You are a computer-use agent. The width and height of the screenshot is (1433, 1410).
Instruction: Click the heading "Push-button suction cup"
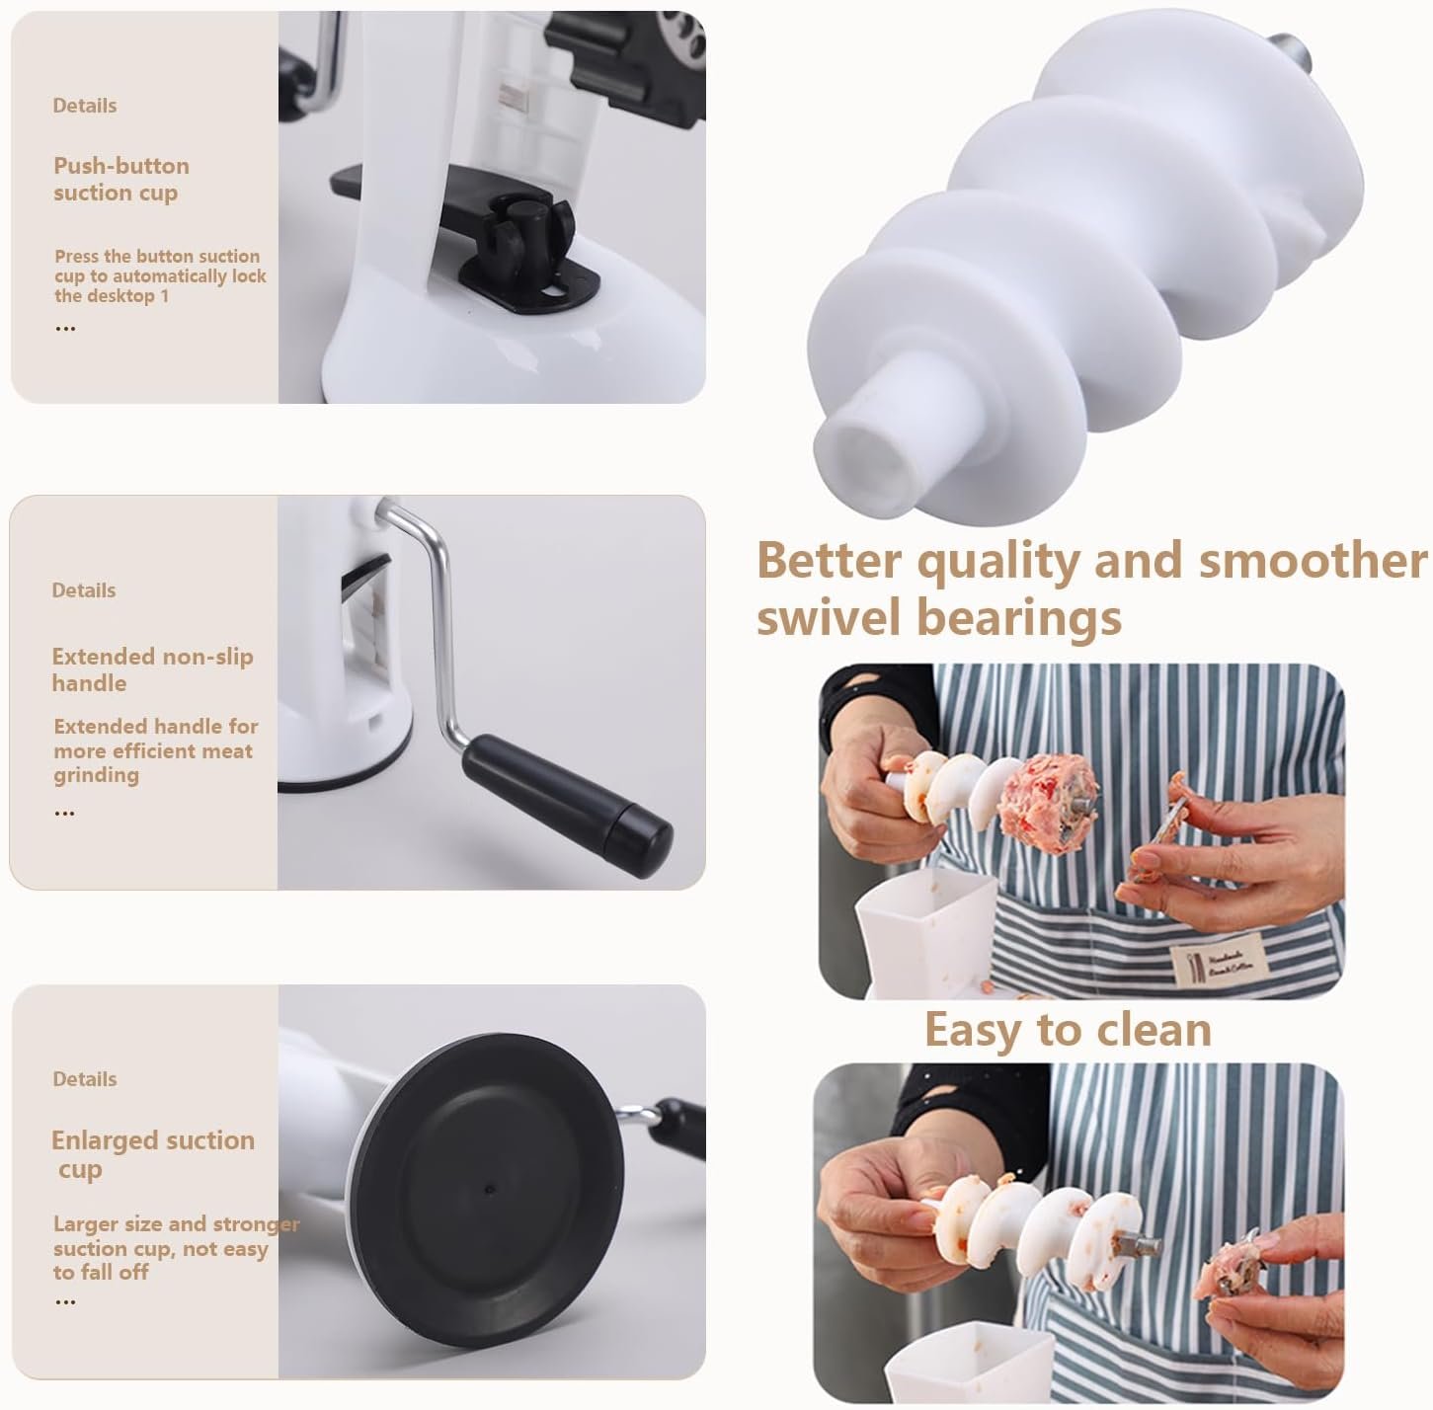121,180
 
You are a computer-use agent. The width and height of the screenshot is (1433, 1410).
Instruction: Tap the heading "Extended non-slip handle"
152,670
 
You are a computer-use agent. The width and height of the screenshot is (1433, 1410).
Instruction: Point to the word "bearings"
1019,619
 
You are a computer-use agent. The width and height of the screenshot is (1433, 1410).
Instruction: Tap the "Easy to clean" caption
1068,1030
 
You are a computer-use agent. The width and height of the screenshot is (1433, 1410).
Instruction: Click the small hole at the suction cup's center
489,1189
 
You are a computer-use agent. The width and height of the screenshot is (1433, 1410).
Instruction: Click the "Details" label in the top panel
85,106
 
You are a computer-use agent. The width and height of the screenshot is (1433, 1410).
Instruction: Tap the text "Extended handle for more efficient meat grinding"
155,750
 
